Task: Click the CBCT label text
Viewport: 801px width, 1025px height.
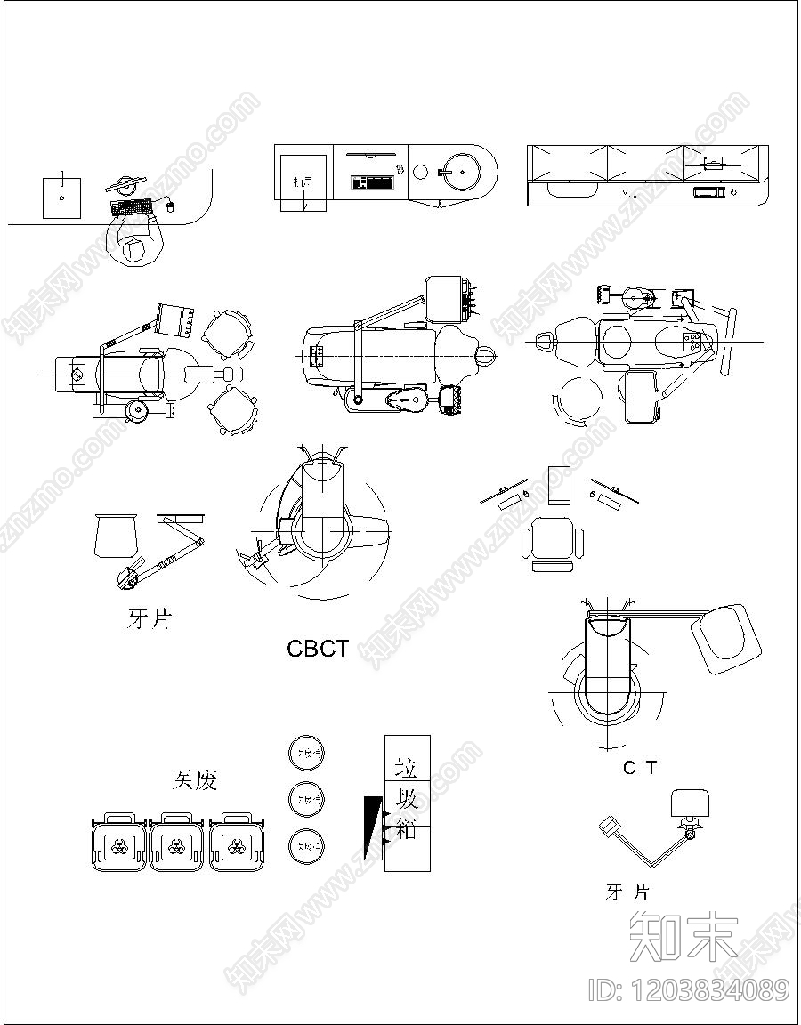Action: (318, 649)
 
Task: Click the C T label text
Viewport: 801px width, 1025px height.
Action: (639, 768)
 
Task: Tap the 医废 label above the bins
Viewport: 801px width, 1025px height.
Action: (194, 780)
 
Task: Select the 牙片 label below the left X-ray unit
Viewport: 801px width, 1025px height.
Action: (149, 619)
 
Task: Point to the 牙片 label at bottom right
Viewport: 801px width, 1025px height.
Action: (627, 892)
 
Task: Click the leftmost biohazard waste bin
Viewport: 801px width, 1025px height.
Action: (117, 843)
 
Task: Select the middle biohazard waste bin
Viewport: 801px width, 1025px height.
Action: (178, 843)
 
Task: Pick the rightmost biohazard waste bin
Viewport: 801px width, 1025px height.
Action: (238, 843)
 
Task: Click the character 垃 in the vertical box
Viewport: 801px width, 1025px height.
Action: (407, 766)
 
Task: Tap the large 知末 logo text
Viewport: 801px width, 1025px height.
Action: (684, 937)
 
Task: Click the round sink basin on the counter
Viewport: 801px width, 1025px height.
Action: (462, 170)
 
